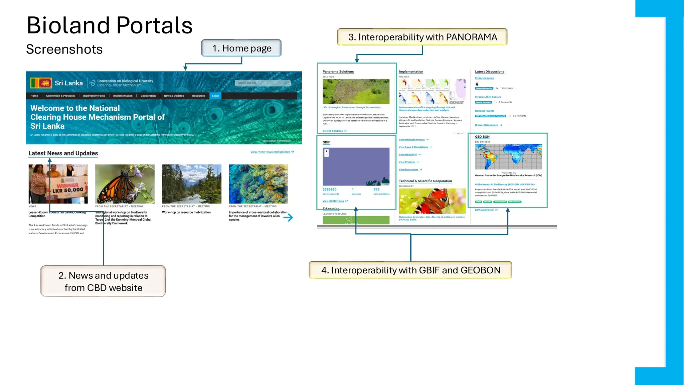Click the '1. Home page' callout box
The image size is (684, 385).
click(x=241, y=48)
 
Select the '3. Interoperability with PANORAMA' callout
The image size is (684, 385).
click(x=422, y=37)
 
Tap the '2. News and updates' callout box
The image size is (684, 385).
click(x=103, y=281)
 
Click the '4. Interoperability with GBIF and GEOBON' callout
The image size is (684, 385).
click(x=410, y=270)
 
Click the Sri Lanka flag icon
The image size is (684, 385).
click(x=41, y=83)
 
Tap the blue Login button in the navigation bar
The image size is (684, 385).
click(x=215, y=96)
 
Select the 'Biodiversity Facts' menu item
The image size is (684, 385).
click(x=94, y=96)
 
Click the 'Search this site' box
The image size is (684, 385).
click(x=263, y=83)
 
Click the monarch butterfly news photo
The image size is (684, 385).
click(x=125, y=184)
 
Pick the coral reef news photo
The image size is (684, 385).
click(x=258, y=184)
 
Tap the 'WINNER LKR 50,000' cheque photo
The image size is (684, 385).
click(x=58, y=184)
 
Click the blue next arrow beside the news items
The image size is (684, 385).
click(x=288, y=218)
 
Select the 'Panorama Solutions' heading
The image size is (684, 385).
click(x=338, y=72)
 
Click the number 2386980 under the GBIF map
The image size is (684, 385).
click(x=330, y=189)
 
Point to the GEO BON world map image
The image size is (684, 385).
click(x=508, y=157)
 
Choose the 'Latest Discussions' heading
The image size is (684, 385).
click(x=490, y=72)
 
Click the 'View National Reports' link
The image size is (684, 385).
click(x=412, y=140)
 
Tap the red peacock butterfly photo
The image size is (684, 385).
click(x=432, y=201)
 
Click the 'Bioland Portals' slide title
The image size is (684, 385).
click(x=110, y=25)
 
